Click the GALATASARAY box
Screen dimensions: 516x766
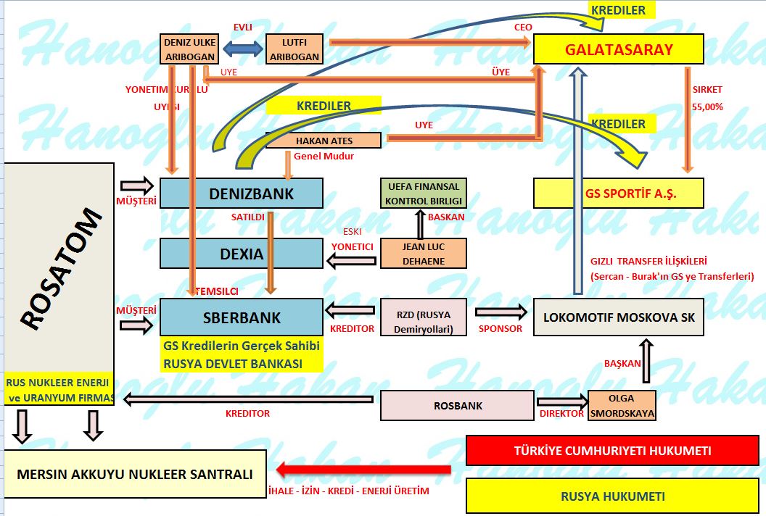click(618, 50)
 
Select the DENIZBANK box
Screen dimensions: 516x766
click(241, 193)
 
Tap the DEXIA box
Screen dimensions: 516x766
click(241, 254)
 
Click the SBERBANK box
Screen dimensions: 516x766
click(241, 317)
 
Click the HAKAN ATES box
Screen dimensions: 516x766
click(324, 140)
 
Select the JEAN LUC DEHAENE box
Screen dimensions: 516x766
click(424, 253)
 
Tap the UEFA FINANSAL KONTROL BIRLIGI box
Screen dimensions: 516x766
click(424, 193)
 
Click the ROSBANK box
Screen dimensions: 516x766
click(458, 406)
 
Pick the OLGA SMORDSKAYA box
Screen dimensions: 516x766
click(621, 406)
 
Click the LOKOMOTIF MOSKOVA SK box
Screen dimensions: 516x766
click(618, 317)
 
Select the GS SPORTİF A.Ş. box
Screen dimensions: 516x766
click(618, 194)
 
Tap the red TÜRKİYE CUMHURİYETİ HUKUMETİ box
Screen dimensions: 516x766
click(612, 450)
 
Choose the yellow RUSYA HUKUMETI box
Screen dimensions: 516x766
click(612, 496)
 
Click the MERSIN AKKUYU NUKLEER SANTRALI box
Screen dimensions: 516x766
click(135, 475)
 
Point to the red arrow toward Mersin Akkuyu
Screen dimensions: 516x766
click(363, 470)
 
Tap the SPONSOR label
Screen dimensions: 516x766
click(500, 328)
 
